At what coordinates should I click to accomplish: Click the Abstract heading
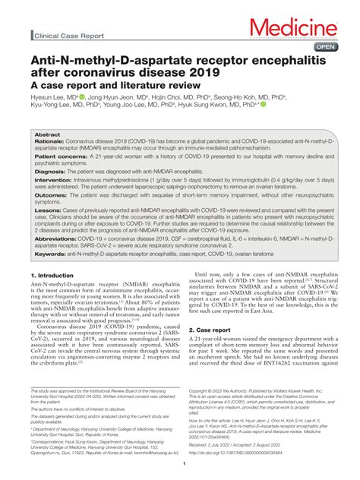click(x=47, y=134)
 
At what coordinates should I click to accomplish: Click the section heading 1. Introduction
click(x=52, y=274)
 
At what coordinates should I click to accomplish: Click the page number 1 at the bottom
click(x=180, y=464)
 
